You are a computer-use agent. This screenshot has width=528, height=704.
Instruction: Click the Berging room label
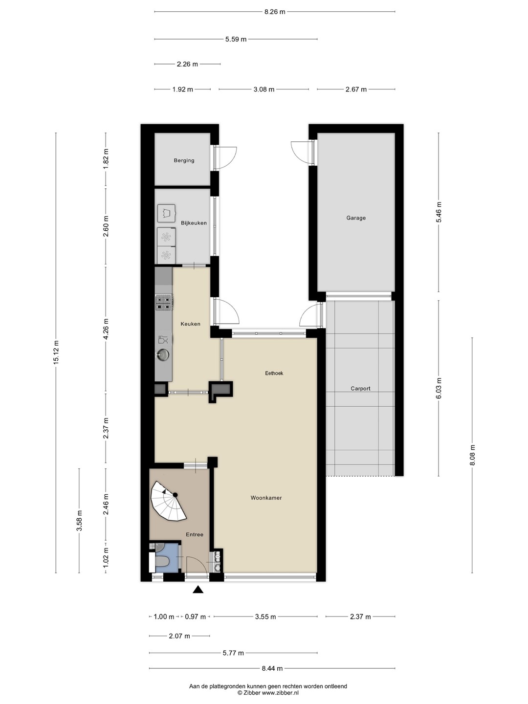pyautogui.click(x=184, y=160)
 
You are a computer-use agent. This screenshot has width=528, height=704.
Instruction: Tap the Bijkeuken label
pyautogui.click(x=194, y=223)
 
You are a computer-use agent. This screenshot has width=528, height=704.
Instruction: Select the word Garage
pyautogui.click(x=356, y=218)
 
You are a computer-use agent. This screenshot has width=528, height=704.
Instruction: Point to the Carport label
pyautogui.click(x=360, y=388)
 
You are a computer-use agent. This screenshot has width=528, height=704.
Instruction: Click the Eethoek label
pyautogui.click(x=274, y=373)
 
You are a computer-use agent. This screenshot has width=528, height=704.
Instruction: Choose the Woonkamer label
pyautogui.click(x=266, y=498)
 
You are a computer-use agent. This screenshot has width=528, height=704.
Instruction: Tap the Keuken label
pyautogui.click(x=191, y=324)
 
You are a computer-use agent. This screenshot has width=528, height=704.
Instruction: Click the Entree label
pyautogui.click(x=195, y=534)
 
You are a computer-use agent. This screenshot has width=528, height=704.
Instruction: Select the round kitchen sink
pyautogui.click(x=163, y=354)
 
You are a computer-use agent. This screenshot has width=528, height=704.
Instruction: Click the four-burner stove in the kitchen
pyautogui.click(x=164, y=303)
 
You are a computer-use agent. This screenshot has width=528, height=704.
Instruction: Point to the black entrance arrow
pyautogui.click(x=198, y=590)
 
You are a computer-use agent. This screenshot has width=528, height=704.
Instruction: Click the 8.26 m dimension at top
pyautogui.click(x=275, y=12)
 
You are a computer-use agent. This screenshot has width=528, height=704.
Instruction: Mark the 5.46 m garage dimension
pyautogui.click(x=439, y=212)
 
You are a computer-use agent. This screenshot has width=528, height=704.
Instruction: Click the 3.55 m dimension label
pyautogui.click(x=265, y=617)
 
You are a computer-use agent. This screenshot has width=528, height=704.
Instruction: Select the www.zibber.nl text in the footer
pyautogui.click(x=280, y=693)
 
